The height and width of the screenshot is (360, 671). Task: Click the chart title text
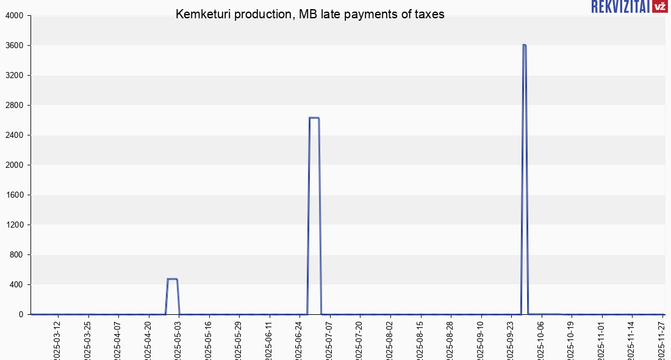(310, 14)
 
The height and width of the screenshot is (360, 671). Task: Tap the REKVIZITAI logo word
(620, 7)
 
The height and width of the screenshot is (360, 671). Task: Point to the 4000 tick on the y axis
(14, 16)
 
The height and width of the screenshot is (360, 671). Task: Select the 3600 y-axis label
(14, 46)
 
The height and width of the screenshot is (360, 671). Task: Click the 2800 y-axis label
(14, 106)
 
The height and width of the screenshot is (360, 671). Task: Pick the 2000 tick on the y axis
(14, 165)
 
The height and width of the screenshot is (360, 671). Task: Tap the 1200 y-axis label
(14, 225)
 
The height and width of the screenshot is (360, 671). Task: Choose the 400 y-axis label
(16, 285)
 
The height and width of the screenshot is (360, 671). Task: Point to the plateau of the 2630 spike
(314, 118)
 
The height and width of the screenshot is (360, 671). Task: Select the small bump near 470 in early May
(172, 279)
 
